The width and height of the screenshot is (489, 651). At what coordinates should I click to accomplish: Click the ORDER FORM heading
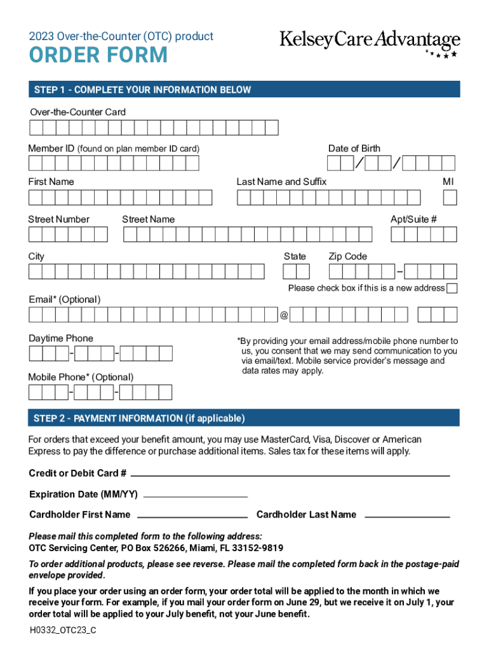pyautogui.click(x=98, y=56)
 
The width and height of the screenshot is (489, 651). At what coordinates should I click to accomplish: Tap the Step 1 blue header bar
pyautogui.click(x=244, y=90)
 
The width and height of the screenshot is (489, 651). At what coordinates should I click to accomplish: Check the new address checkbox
pyautogui.click(x=452, y=289)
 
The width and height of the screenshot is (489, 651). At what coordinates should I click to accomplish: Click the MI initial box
pyautogui.click(x=450, y=198)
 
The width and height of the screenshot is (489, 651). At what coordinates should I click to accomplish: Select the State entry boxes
pyautogui.click(x=296, y=272)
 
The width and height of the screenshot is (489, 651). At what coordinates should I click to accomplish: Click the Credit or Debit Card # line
pyautogui.click(x=290, y=475)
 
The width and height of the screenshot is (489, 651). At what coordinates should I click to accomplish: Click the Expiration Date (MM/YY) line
pyautogui.click(x=194, y=495)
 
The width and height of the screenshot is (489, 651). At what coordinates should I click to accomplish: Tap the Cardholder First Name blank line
pyautogui.click(x=192, y=516)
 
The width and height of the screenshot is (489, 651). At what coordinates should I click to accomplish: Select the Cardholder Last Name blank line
pyautogui.click(x=407, y=516)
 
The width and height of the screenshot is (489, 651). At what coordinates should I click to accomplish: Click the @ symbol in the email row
pyautogui.click(x=285, y=315)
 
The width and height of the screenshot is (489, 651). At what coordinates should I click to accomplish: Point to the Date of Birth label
pyautogui.click(x=354, y=148)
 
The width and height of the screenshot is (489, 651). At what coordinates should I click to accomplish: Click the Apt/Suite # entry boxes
pyautogui.click(x=424, y=235)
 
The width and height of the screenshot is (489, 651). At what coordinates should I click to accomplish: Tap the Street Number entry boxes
pyautogui.click(x=68, y=235)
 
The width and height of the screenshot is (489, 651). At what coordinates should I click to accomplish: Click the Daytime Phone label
pyautogui.click(x=61, y=338)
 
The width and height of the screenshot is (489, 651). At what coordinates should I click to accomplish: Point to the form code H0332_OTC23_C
pyautogui.click(x=63, y=631)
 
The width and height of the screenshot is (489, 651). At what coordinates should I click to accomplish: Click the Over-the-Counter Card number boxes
pyautogui.click(x=154, y=128)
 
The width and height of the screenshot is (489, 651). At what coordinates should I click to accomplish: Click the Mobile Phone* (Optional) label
pyautogui.click(x=81, y=377)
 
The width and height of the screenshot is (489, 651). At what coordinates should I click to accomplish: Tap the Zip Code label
pyautogui.click(x=347, y=256)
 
